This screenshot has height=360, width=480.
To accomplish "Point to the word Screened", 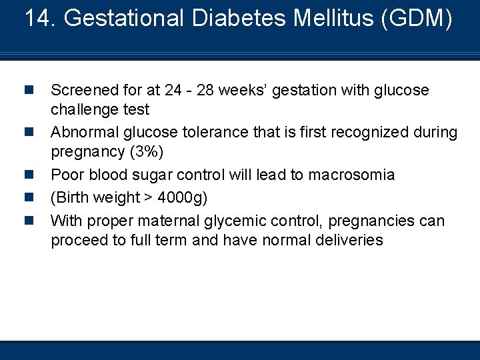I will point(83,90).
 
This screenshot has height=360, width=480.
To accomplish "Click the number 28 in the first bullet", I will point(208,90).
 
